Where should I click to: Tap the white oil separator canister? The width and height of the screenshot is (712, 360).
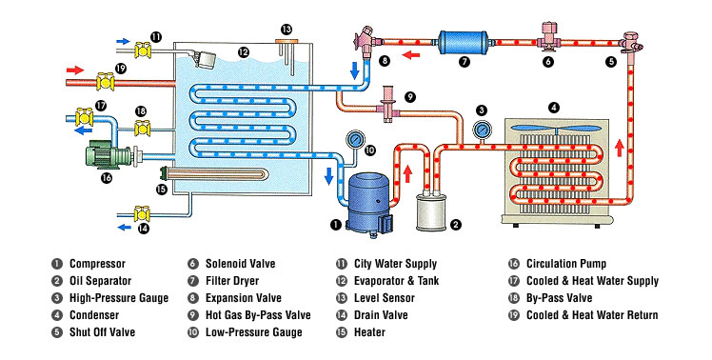pyautogui.click(x=431, y=211)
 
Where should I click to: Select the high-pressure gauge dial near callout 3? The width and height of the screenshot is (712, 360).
pyautogui.click(x=482, y=130)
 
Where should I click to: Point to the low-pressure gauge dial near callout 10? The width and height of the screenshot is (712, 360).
pyautogui.click(x=356, y=138)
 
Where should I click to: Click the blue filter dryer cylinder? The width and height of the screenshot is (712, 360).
pyautogui.click(x=464, y=43)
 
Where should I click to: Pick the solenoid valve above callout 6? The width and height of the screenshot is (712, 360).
pyautogui.click(x=548, y=35)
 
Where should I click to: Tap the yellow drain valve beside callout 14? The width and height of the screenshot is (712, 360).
pyautogui.click(x=142, y=212)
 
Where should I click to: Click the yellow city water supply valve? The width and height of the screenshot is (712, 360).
pyautogui.click(x=144, y=50)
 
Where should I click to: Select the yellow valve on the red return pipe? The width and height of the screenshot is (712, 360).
pyautogui.click(x=106, y=82)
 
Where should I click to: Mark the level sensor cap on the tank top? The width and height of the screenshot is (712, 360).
pyautogui.click(x=287, y=42)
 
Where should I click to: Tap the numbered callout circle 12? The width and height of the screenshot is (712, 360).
pyautogui.click(x=244, y=52)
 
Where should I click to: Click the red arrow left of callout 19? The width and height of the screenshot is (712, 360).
pyautogui.click(x=75, y=70)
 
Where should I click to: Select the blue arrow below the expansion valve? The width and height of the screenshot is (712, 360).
pyautogui.click(x=355, y=70)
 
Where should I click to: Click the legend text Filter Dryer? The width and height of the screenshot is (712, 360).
pyautogui.click(x=232, y=281)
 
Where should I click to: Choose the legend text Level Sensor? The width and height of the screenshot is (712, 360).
pyautogui.click(x=385, y=298)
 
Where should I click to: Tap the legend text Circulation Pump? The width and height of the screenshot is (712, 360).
pyautogui.click(x=566, y=264)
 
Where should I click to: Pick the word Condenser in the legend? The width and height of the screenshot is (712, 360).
pyautogui.click(x=94, y=315)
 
